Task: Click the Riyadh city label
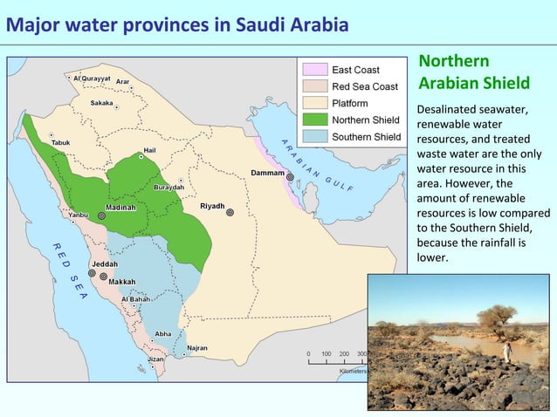212,206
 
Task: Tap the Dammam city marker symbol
290,176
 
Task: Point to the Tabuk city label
60,142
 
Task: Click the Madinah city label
122,209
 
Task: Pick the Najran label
197,347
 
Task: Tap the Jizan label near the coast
156,359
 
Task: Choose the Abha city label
163,333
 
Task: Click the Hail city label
149,149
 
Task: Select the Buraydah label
168,187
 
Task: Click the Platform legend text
349,103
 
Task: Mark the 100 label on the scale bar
325,354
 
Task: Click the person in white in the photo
506,351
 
